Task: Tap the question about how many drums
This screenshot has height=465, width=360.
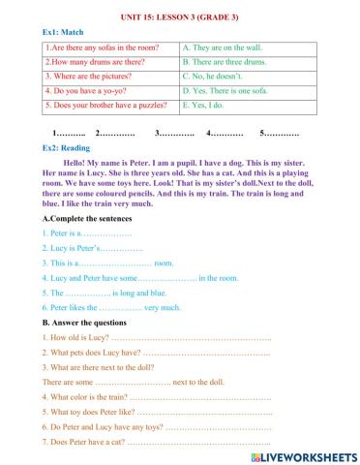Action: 92,60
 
